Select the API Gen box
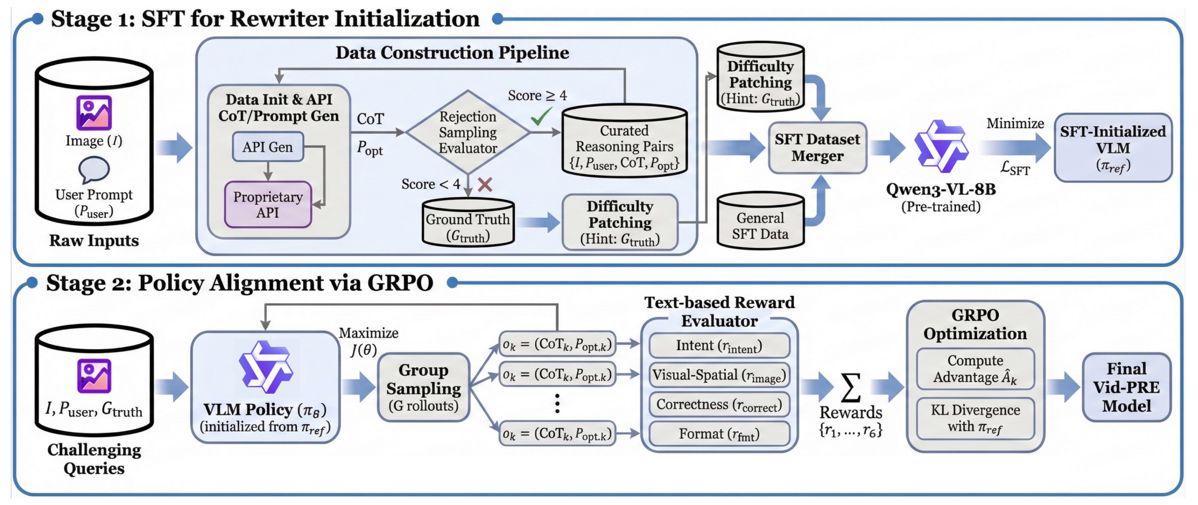pyautogui.click(x=267, y=147)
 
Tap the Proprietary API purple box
pyautogui.click(x=268, y=205)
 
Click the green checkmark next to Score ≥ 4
pyautogui.click(x=541, y=117)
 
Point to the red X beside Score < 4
pyautogui.click(x=485, y=185)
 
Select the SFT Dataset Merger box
pyautogui.click(x=817, y=148)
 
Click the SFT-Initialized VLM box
pyautogui.click(x=1112, y=148)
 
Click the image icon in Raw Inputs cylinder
pyautogui.click(x=94, y=113)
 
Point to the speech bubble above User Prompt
pyautogui.click(x=94, y=170)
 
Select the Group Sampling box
pyautogui.click(x=423, y=387)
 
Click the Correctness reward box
pyautogui.click(x=719, y=405)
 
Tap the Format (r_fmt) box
pyautogui.click(x=719, y=434)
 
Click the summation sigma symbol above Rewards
pyautogui.click(x=850, y=387)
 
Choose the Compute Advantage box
pyautogui.click(x=975, y=369)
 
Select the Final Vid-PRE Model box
pyautogui.click(x=1126, y=387)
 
